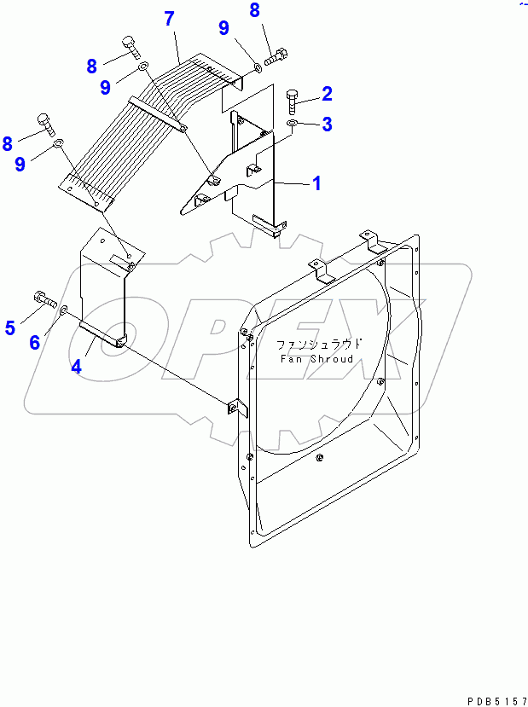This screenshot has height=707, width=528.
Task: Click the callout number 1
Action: click(x=316, y=183)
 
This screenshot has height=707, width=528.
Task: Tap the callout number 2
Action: click(x=326, y=93)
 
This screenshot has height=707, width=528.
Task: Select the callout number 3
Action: click(x=326, y=125)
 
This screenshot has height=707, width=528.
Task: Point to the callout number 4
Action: click(x=76, y=367)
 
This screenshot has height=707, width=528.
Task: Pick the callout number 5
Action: click(x=10, y=327)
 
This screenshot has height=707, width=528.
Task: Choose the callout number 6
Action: click(x=34, y=342)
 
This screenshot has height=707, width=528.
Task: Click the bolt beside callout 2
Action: click(x=291, y=102)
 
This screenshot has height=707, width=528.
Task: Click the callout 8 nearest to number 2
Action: click(x=254, y=10)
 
